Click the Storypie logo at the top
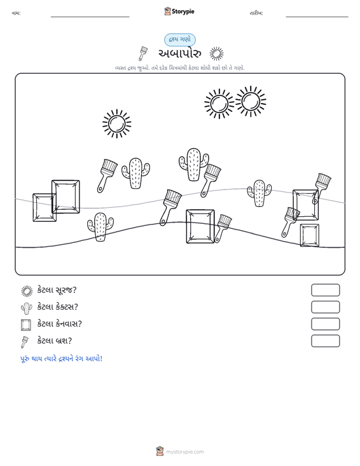[179, 11]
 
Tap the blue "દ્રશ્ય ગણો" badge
[180, 39]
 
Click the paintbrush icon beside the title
[142, 53]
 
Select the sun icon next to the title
[216, 54]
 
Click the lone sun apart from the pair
[117, 123]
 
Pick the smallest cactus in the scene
[260, 193]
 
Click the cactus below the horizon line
[100, 227]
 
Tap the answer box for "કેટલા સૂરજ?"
[325, 290]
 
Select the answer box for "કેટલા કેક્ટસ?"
[325, 307]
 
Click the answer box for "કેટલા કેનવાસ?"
[325, 324]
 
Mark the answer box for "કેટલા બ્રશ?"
[325, 341]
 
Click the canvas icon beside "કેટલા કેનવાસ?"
[26, 324]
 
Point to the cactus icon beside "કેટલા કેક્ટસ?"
[27, 308]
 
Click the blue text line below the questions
[61, 359]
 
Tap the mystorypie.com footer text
[184, 452]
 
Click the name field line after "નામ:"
[90, 17]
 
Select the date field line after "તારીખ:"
[317, 17]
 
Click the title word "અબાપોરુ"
[179, 53]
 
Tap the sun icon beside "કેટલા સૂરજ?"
[27, 291]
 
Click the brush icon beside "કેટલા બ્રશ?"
[25, 342]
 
